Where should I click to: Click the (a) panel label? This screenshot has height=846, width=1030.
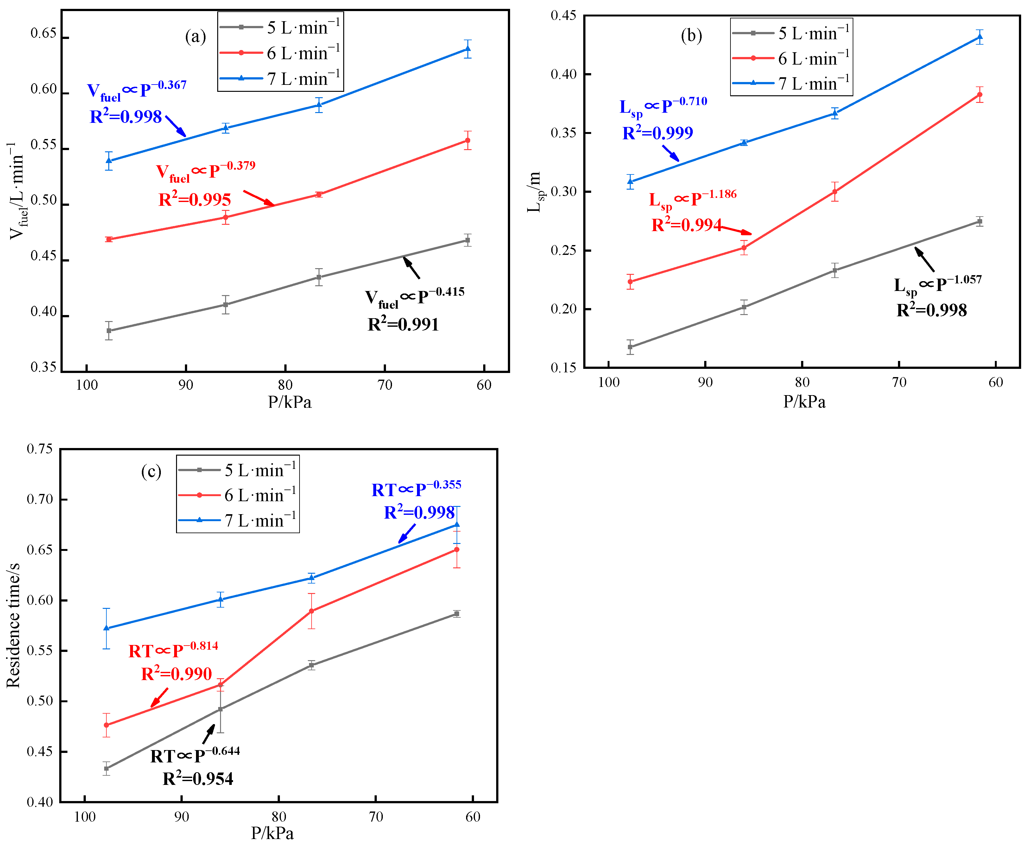195,36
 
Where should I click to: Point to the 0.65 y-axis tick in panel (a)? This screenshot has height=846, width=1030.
43,34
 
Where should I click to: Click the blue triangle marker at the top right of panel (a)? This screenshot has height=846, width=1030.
468,49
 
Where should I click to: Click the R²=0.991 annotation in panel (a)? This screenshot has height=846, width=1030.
403,324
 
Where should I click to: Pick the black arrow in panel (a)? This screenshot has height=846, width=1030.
412,268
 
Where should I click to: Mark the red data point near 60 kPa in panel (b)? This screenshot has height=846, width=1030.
979,95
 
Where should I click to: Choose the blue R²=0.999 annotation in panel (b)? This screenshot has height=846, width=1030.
657,133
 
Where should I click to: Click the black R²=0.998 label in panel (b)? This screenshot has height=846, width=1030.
931,310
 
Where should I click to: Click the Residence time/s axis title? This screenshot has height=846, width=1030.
14,625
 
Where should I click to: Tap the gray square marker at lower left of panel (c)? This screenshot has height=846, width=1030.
106,768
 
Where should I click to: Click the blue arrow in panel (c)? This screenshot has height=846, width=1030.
407,533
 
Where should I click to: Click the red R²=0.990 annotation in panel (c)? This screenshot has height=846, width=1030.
176,674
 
